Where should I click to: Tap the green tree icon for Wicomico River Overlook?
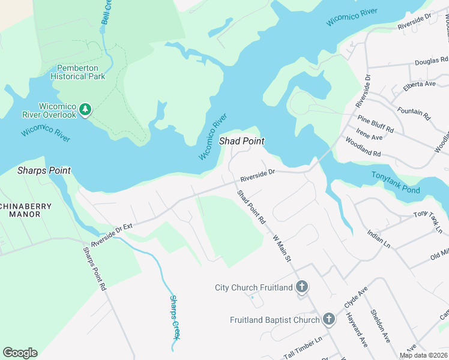click(x=85, y=109)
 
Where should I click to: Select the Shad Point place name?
click(x=242, y=141)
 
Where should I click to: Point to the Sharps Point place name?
click(x=44, y=170)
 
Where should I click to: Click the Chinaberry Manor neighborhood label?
click(x=26, y=209)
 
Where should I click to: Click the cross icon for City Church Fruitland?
click(x=302, y=287)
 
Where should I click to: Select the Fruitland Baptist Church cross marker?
click(x=328, y=320)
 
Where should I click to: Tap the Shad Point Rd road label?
click(x=251, y=207)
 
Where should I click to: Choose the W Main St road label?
click(x=282, y=249)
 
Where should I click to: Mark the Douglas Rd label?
click(x=431, y=61)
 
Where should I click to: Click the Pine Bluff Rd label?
click(x=375, y=125)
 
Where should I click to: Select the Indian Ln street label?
click(x=379, y=239)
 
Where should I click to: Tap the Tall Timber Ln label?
click(x=303, y=347)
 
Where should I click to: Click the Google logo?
click(x=20, y=353)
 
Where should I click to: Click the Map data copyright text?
click(x=423, y=355)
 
